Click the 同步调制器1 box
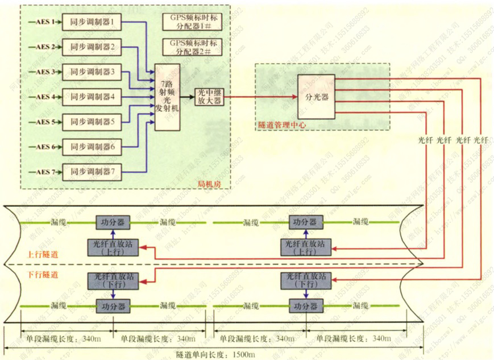[x=92, y=22]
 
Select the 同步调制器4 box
[x=92, y=97]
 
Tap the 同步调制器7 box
[x=92, y=171]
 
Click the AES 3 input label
[x=45, y=72]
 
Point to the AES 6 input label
[x=45, y=147]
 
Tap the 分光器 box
[x=317, y=97]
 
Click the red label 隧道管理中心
[x=278, y=124]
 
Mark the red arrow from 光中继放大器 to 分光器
[x=262, y=97]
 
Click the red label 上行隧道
[x=43, y=253]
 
